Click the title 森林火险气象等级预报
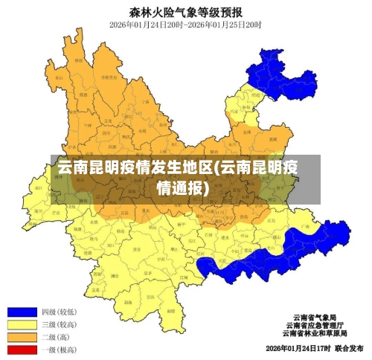click(185, 11)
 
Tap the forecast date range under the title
click(185, 25)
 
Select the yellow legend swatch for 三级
click(22, 325)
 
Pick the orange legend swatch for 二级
click(22, 337)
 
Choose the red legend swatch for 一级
click(22, 349)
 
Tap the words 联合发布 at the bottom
click(348, 348)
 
